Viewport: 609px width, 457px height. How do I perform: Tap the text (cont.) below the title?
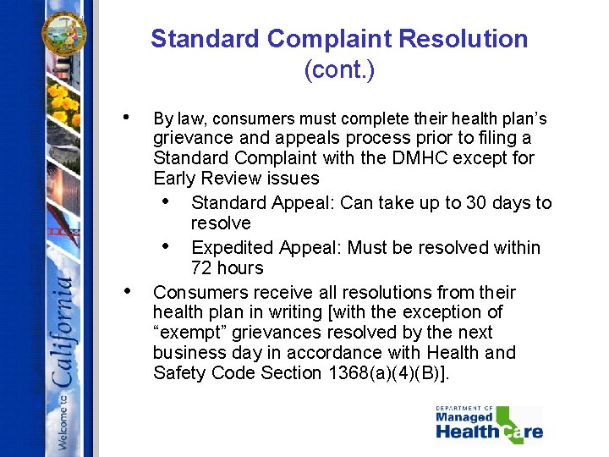[x=338, y=69]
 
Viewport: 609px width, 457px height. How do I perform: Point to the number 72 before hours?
[x=202, y=268]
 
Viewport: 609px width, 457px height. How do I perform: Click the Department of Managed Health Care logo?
[x=488, y=424]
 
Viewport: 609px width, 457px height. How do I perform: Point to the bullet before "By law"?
[x=125, y=117]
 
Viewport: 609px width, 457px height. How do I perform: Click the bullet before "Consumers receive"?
[x=125, y=291]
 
